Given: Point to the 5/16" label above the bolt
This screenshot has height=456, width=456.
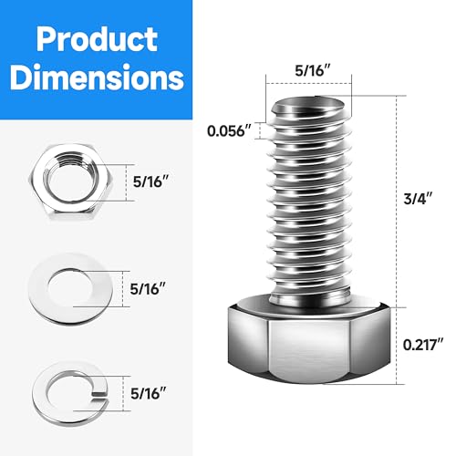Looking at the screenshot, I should (x=310, y=67).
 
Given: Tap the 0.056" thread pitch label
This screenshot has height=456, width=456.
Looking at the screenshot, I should (x=228, y=130).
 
